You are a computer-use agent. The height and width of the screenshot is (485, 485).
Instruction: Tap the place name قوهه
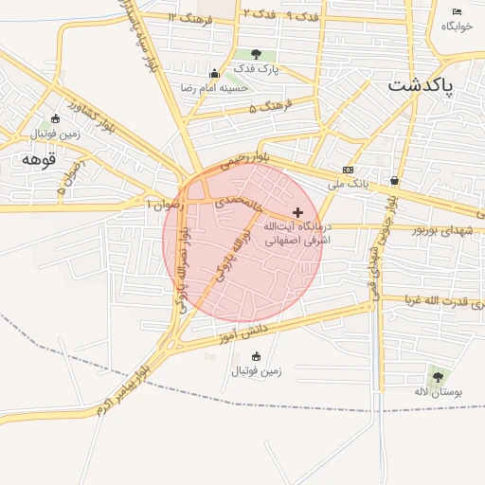(x=40, y=160)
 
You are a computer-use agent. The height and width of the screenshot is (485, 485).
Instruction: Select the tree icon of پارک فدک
(x=256, y=55)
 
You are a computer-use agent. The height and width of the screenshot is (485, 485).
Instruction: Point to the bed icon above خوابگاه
(x=458, y=11)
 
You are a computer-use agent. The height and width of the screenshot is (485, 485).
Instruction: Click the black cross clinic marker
(x=298, y=212)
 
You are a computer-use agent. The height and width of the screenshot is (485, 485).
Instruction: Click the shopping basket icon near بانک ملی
(x=394, y=180)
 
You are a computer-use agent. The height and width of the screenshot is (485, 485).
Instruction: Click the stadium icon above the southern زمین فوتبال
(x=256, y=356)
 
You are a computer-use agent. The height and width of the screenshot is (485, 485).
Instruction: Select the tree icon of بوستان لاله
(x=437, y=377)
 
